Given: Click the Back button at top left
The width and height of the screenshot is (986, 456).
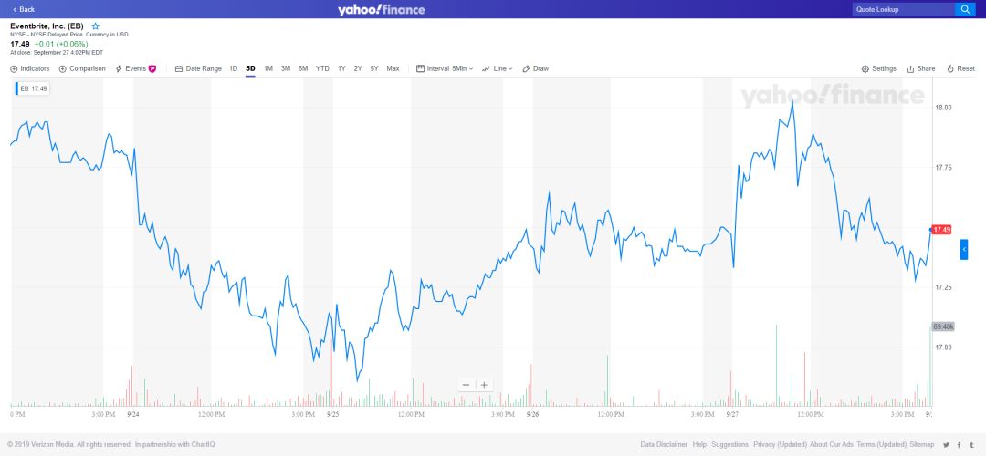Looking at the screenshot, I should [x=24, y=9].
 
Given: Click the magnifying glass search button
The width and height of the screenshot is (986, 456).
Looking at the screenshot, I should [x=965, y=9].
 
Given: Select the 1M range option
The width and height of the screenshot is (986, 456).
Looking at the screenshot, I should [x=268, y=68].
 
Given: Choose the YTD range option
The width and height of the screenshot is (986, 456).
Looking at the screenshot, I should [x=322, y=68].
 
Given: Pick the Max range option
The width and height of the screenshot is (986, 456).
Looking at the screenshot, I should [x=393, y=68].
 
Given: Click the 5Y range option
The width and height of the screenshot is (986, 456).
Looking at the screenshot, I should [x=374, y=68].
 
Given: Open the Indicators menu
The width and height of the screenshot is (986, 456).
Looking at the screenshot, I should [x=30, y=68].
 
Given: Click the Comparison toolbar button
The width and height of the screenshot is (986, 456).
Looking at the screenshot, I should [x=82, y=68].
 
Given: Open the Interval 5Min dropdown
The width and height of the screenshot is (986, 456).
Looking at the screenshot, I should [x=445, y=68].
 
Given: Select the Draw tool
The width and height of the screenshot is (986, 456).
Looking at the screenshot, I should [x=536, y=68].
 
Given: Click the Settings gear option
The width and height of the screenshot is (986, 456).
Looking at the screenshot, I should [x=879, y=68].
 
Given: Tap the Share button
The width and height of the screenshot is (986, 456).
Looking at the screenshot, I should [x=921, y=68].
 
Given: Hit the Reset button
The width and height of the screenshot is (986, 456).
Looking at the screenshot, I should [x=962, y=68].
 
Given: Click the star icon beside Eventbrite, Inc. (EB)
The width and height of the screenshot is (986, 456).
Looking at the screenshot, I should [x=95, y=26].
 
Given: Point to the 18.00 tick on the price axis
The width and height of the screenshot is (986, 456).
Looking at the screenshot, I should [x=943, y=108].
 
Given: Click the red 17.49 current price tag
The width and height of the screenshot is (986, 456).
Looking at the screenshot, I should [x=941, y=230].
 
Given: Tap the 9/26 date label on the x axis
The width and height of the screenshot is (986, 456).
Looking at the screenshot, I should [x=532, y=414].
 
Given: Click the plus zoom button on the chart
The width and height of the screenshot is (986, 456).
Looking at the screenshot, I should [x=485, y=385].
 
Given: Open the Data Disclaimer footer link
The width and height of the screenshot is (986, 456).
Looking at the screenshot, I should [x=664, y=444].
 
